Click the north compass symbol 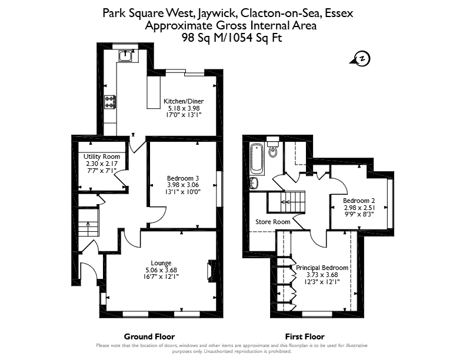pos(361,58)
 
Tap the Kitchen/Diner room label pos(184,101)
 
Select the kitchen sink pos(125,55)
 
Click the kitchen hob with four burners pos(110,102)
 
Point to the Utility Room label pos(102,156)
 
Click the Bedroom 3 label pos(183,178)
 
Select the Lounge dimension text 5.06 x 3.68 pos(161,270)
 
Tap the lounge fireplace pos(211,269)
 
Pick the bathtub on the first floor pos(257,159)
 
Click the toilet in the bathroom pos(272,147)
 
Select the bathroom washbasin pos(254,183)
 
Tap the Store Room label pos(273,222)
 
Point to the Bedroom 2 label pos(359,201)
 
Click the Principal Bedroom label pos(322,268)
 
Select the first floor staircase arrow pos(286,202)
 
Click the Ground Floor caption pos(149,336)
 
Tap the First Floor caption pos(305,336)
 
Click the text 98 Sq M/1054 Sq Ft pos(232,38)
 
